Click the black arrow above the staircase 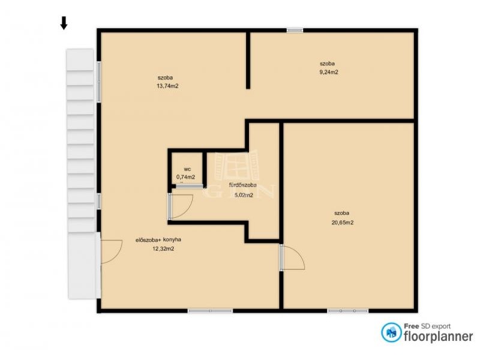(x=64, y=23)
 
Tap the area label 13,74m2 (x=167, y=86)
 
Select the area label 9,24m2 (x=329, y=72)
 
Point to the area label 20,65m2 (x=342, y=223)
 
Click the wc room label (x=188, y=169)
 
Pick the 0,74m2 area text (x=185, y=177)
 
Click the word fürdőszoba (x=243, y=185)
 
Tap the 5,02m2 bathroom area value (x=244, y=195)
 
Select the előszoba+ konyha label (x=158, y=239)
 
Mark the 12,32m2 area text (x=163, y=249)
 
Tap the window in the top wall (x=295, y=31)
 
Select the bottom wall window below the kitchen (x=211, y=311)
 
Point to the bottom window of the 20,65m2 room (x=348, y=311)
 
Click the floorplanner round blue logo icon (x=391, y=333)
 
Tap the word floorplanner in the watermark (x=439, y=337)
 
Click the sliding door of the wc (x=189, y=186)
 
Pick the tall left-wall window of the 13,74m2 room (x=98, y=82)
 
